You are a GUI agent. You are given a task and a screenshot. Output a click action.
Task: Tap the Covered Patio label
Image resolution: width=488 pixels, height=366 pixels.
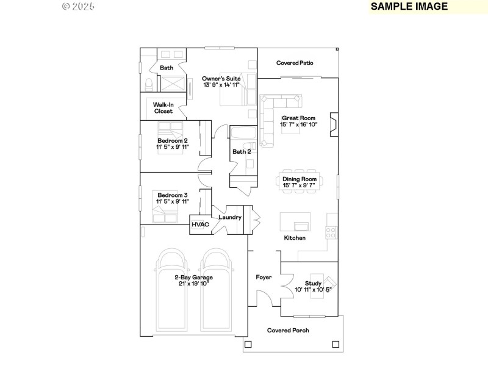point(294,63)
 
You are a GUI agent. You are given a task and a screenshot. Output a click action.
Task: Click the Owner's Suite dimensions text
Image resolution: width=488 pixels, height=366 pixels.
point(221,85)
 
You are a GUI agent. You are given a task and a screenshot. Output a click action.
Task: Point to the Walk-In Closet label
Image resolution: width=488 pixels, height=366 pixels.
point(163,108)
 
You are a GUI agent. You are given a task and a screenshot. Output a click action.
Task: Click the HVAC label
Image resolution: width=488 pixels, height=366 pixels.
point(201,224)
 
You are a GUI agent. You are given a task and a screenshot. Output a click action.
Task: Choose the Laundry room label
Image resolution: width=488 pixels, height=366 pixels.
point(230,217)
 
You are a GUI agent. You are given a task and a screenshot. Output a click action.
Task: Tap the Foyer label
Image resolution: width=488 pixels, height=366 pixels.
point(264,278)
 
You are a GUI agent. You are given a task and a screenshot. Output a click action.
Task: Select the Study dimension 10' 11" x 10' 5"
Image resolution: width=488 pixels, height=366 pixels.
point(313,290)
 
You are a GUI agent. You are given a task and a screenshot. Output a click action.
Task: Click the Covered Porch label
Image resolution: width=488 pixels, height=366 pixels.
point(288,330)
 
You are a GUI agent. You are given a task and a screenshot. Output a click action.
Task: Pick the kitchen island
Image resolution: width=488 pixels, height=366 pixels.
point(295,220)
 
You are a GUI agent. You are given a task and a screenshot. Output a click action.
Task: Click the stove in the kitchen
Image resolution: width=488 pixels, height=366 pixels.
point(332,232)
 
